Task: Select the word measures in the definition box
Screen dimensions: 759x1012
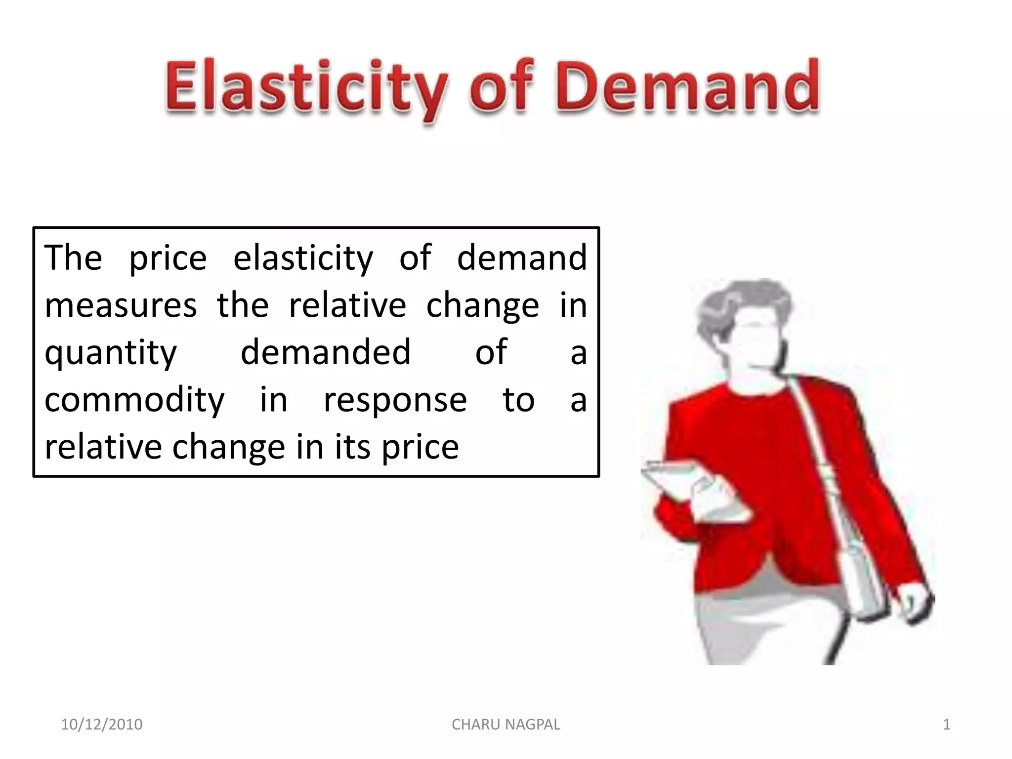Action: [x=121, y=305]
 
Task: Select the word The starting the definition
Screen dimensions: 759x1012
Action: [x=73, y=258]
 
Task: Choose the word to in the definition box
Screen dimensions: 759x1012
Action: [x=518, y=399]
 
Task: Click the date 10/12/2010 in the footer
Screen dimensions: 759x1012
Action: [x=101, y=724]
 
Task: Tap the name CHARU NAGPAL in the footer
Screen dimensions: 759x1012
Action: [x=506, y=724]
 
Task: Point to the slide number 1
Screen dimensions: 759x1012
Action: [x=946, y=724]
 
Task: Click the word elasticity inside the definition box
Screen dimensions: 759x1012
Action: [x=303, y=258]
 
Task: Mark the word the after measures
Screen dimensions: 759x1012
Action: [x=243, y=304]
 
